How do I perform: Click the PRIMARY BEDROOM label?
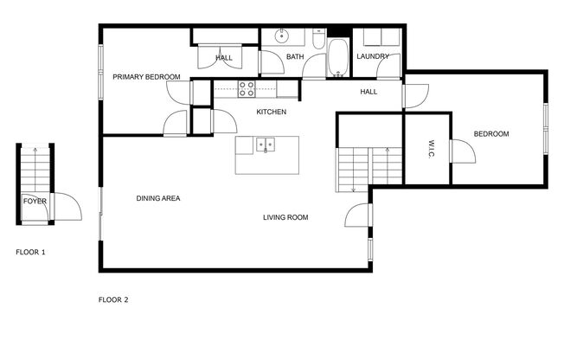(x=146, y=77)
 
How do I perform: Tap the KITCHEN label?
(x=272, y=112)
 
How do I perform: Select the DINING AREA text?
(x=158, y=198)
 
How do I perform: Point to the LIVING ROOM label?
(x=285, y=217)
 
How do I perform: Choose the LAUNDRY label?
(x=373, y=57)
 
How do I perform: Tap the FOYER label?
(x=35, y=201)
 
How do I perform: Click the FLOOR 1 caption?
(x=30, y=252)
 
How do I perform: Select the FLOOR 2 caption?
(x=113, y=300)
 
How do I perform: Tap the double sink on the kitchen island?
(x=265, y=145)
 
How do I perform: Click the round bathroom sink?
(x=281, y=37)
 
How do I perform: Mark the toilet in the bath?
(x=317, y=41)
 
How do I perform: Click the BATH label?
(x=296, y=57)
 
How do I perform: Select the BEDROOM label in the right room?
(x=490, y=134)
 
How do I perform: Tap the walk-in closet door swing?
(x=460, y=154)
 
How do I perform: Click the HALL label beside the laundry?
(x=369, y=91)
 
